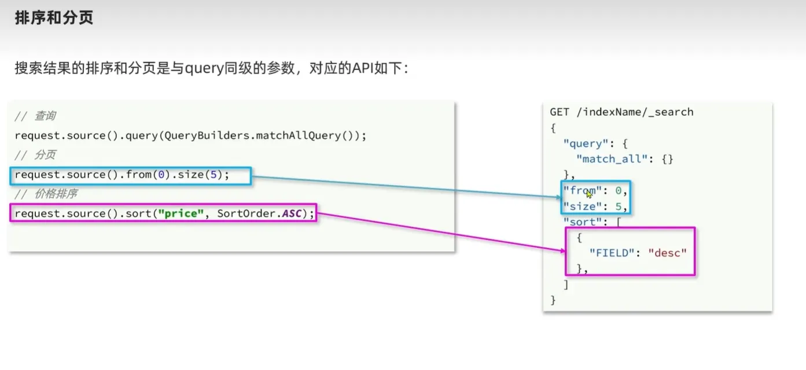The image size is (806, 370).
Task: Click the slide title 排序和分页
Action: point(54,18)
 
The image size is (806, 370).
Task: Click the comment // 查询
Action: point(35,116)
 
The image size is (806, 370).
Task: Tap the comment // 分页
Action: point(35,155)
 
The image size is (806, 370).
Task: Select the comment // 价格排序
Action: point(46,194)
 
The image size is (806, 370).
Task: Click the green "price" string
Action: point(181,214)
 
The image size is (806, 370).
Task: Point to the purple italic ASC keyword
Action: point(292,214)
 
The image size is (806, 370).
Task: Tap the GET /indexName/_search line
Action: point(621,112)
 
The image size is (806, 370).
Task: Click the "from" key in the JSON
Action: point(580,191)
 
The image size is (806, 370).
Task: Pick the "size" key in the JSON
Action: point(580,206)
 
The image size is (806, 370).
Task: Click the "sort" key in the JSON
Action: point(580,222)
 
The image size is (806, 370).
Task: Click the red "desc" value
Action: point(667,252)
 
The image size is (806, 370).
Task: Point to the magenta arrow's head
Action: point(562,250)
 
